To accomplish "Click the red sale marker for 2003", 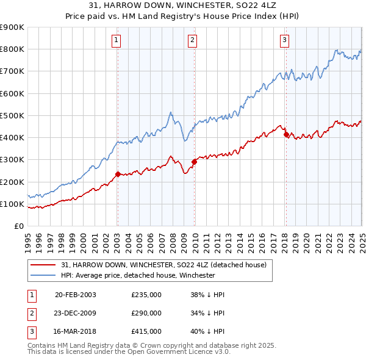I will [x=118, y=174].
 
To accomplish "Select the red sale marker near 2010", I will [x=194, y=162].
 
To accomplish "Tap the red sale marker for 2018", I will [x=285, y=134].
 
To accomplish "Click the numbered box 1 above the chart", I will [x=116, y=41].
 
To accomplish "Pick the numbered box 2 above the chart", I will [x=192, y=41].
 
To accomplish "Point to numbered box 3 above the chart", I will [x=284, y=41].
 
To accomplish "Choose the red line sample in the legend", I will [x=43, y=265].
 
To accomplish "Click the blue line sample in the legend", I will [x=43, y=275].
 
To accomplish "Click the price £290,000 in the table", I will [x=146, y=313].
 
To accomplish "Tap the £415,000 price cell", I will [x=146, y=331].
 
